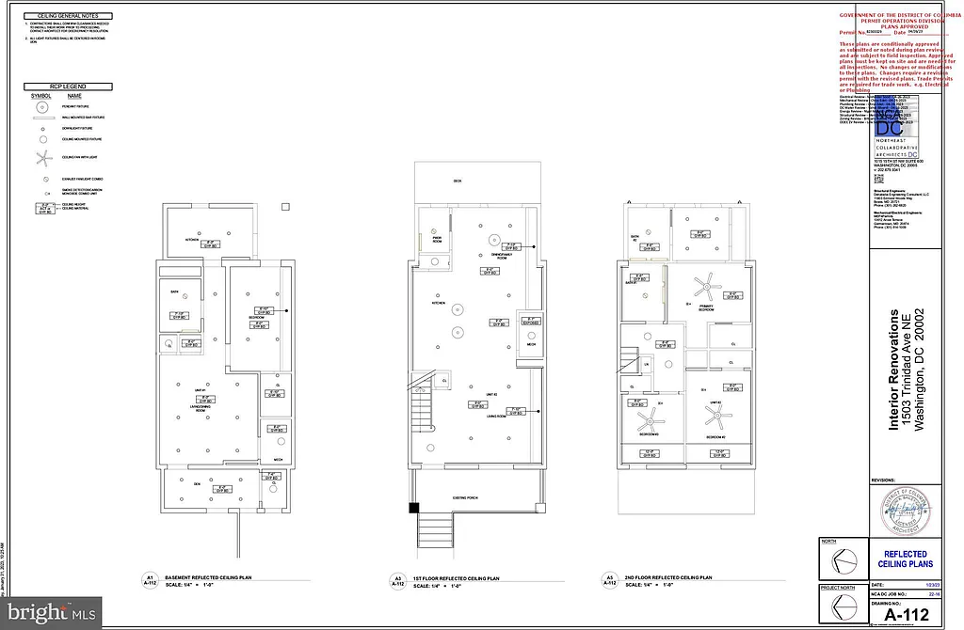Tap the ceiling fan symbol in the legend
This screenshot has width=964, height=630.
(x=42, y=157)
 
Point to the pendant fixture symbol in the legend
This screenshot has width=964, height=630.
(x=42, y=106)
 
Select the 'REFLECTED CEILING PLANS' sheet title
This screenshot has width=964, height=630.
(x=905, y=559)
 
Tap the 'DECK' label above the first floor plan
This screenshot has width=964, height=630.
(x=458, y=181)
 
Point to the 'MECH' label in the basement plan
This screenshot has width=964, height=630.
(x=278, y=459)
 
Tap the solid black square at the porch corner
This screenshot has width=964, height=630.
(x=412, y=509)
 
